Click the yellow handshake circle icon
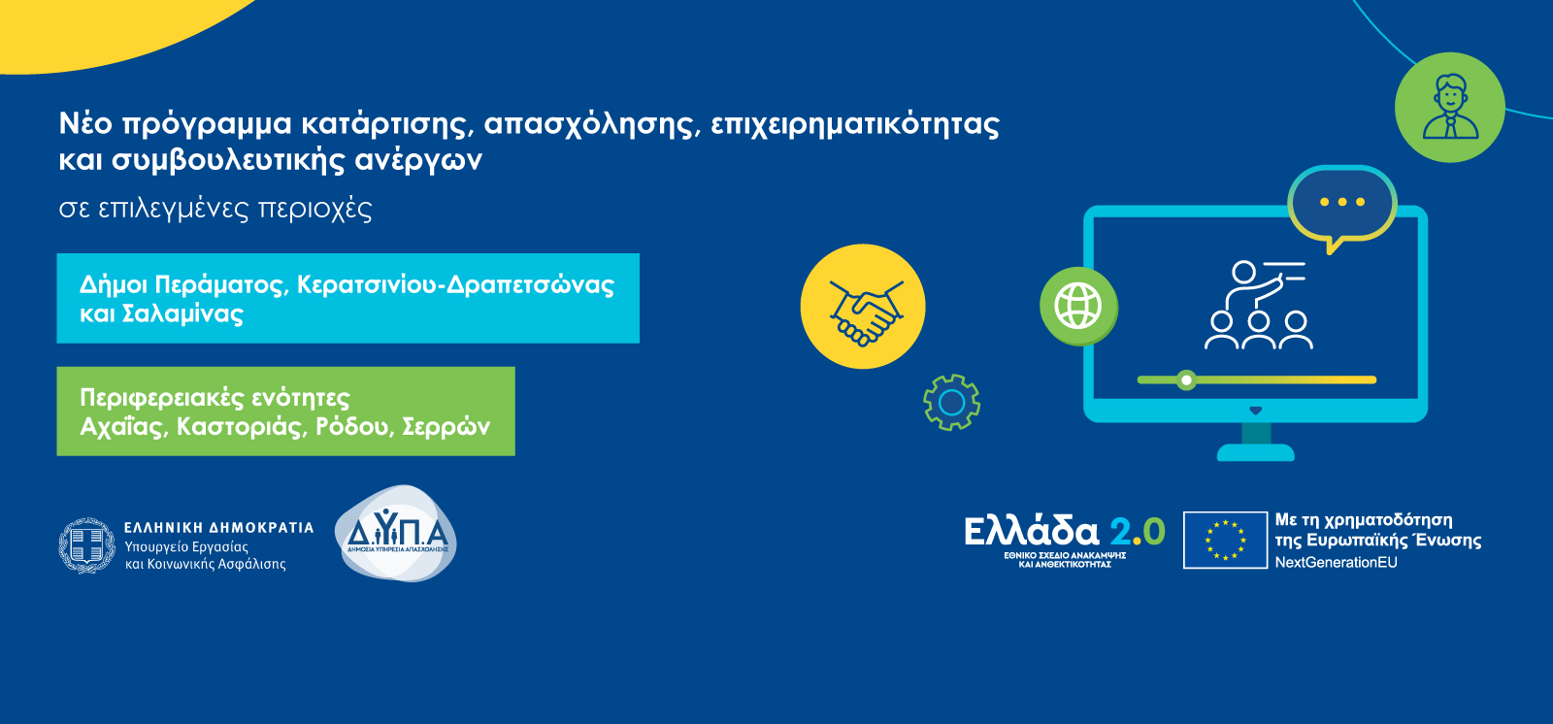click(x=863, y=306)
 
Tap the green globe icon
click(x=1078, y=306)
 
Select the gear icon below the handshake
click(x=951, y=402)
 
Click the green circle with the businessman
click(x=1450, y=108)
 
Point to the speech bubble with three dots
click(x=1342, y=206)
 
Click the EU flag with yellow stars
click(x=1225, y=541)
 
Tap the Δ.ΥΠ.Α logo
click(x=396, y=533)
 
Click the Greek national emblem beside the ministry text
click(x=86, y=545)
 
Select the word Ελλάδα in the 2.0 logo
click(x=1032, y=532)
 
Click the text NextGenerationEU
click(x=1336, y=563)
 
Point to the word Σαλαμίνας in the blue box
click(x=182, y=314)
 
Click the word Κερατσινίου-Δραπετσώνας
click(x=455, y=285)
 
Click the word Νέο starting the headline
click(x=86, y=123)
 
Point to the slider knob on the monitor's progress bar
click(x=1186, y=380)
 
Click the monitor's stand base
click(x=1256, y=452)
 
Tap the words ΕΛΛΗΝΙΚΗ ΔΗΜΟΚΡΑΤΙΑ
click(x=219, y=528)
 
